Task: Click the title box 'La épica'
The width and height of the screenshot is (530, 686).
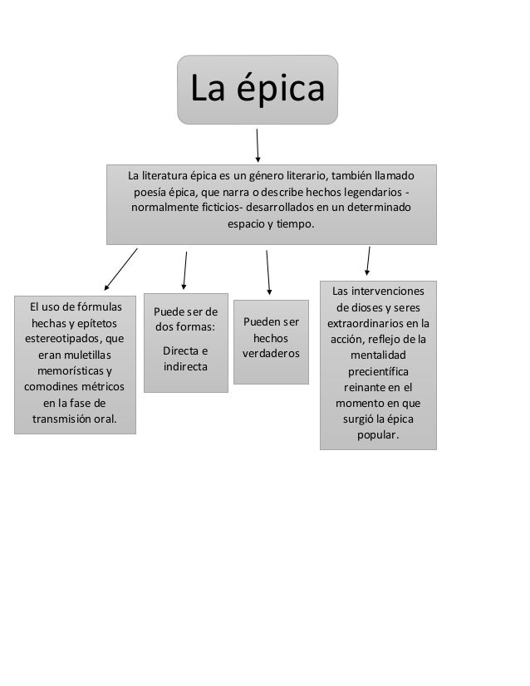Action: click(x=258, y=90)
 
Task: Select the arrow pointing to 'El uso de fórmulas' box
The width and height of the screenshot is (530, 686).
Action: click(x=120, y=268)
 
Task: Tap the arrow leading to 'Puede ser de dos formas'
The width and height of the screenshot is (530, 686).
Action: click(x=184, y=270)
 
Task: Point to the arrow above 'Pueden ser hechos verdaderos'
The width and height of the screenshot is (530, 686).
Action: click(x=267, y=272)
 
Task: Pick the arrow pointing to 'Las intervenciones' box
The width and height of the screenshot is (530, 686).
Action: click(x=368, y=260)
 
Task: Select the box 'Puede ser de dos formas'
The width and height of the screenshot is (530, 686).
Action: click(x=185, y=341)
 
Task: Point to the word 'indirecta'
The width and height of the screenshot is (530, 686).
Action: click(x=186, y=366)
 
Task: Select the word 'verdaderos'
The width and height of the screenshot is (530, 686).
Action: click(x=271, y=354)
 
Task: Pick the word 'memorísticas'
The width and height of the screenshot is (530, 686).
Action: click(x=71, y=370)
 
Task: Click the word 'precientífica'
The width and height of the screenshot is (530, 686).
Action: click(x=378, y=370)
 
